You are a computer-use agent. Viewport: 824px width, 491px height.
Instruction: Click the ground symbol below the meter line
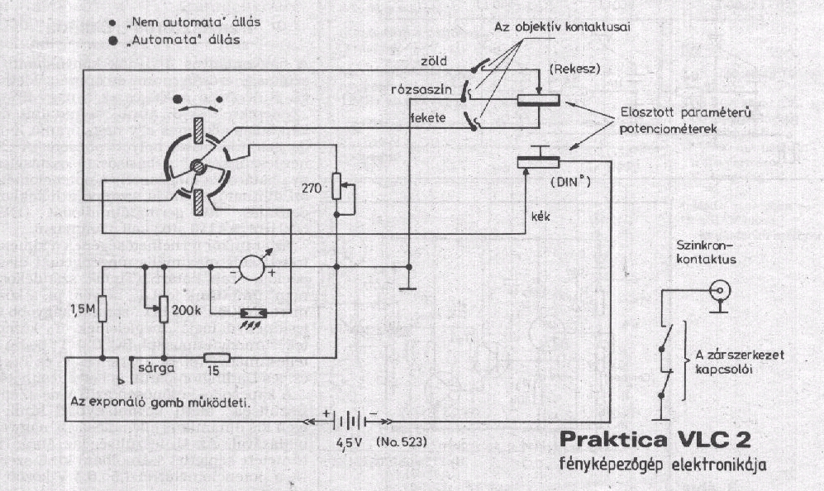408,288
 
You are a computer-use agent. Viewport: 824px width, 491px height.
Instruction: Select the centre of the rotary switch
197,166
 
